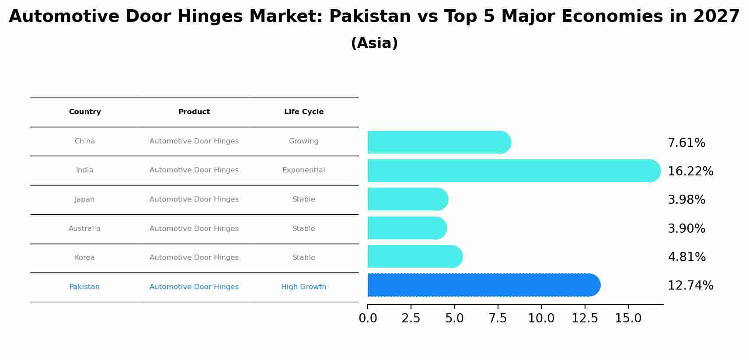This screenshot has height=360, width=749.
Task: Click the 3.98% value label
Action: point(686,200)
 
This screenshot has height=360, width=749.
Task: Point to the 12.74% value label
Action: point(690,286)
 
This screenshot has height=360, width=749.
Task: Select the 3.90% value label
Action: point(686,229)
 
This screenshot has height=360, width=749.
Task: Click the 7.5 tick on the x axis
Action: point(498,318)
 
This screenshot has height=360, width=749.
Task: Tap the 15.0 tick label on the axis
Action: point(628,318)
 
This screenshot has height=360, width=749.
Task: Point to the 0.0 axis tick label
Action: point(368,318)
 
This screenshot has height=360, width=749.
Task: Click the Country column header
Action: point(85,112)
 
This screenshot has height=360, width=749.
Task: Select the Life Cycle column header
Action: point(303,112)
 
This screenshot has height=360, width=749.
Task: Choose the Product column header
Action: point(194,112)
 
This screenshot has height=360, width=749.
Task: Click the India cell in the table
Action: point(84,170)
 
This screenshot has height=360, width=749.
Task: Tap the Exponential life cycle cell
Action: point(303,170)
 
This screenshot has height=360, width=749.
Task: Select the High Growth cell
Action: point(303,287)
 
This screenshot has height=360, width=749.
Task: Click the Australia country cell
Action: point(84,229)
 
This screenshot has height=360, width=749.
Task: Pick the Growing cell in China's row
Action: point(303,141)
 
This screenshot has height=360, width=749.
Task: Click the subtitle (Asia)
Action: point(374,43)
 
